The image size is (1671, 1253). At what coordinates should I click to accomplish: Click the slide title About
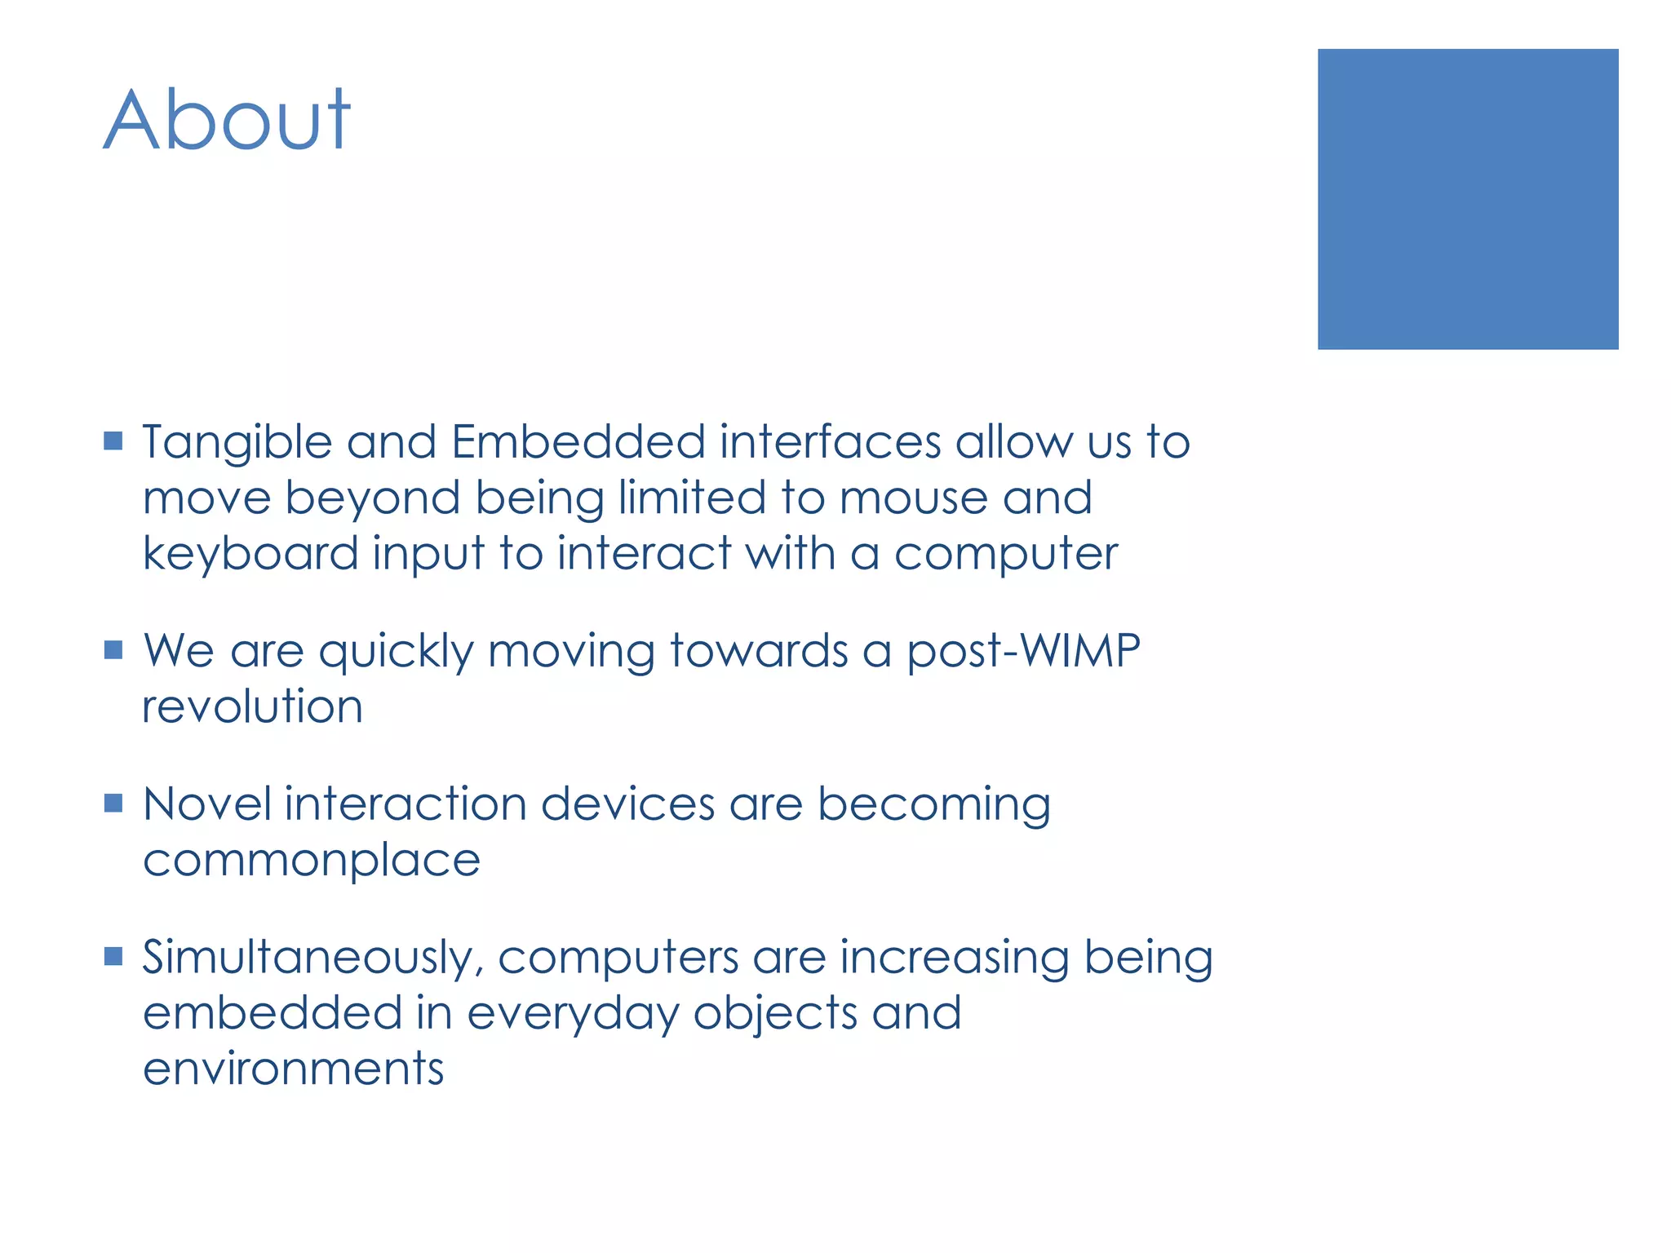click(x=227, y=121)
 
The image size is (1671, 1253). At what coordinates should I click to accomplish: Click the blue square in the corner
click(x=1467, y=199)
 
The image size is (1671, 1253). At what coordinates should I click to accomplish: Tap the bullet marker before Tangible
click(x=113, y=441)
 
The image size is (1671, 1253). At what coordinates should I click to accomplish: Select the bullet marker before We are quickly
click(x=113, y=649)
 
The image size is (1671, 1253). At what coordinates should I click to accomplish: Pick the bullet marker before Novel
click(x=113, y=803)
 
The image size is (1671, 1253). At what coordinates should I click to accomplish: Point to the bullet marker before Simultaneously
click(x=113, y=955)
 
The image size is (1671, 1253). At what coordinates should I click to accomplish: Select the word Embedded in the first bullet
click(x=578, y=442)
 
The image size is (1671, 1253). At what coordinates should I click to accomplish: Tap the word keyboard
click(x=250, y=555)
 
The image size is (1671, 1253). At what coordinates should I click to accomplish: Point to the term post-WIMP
click(x=1022, y=652)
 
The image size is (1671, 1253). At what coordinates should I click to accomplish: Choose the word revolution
click(x=252, y=706)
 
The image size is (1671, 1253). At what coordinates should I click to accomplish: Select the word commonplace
click(x=312, y=861)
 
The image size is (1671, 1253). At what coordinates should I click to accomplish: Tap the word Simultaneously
click(x=313, y=959)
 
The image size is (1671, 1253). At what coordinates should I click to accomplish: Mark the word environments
click(x=293, y=1069)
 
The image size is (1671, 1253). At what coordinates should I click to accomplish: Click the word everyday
click(x=572, y=1015)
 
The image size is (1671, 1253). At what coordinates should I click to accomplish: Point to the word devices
click(x=627, y=804)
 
